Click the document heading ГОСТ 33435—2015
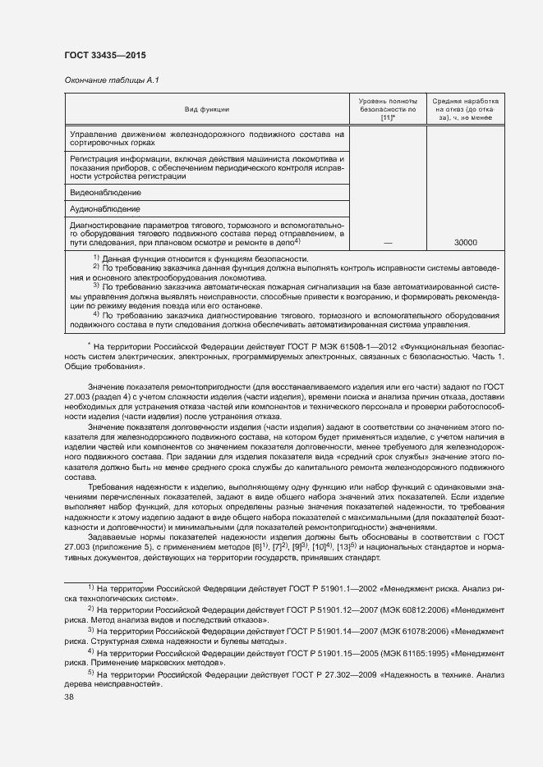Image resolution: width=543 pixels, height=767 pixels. pos(105,56)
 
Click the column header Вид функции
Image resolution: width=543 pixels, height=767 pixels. pos(207,109)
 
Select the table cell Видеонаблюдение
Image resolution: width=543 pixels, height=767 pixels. pos(106,192)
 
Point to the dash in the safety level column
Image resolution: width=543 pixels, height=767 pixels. pos(388,243)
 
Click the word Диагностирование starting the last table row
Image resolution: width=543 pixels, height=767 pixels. pos(107,223)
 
